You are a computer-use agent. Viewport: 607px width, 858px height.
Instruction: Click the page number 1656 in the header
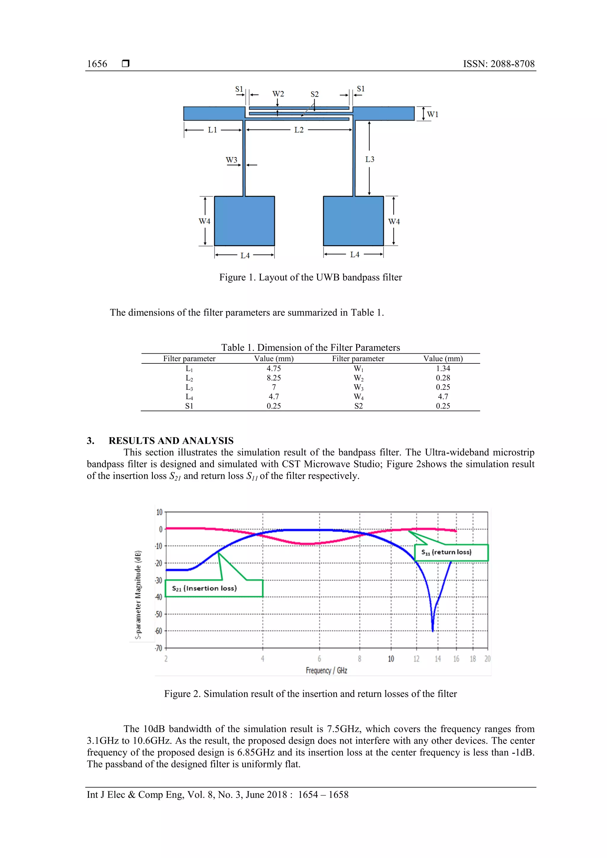point(97,64)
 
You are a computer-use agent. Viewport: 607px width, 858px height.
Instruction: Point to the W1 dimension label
point(432,114)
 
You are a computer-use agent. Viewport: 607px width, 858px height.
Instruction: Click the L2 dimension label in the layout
point(299,130)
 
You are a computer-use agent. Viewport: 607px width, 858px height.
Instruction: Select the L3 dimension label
point(370,159)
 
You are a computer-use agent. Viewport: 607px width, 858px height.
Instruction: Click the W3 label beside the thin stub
point(231,160)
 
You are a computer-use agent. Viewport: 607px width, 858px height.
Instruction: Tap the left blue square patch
point(244,221)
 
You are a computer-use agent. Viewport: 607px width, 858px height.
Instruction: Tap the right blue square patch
point(353,221)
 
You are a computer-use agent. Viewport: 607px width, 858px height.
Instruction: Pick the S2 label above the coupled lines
point(314,94)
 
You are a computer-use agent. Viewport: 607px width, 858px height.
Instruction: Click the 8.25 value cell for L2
point(274,378)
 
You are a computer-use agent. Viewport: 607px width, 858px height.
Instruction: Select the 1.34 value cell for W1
point(443,368)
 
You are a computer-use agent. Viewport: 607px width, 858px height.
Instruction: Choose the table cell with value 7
point(274,387)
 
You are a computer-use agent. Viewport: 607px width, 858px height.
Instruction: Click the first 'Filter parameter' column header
point(189,359)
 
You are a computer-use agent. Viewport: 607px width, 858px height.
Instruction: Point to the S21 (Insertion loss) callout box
point(214,588)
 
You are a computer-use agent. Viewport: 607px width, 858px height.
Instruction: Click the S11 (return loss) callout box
point(451,552)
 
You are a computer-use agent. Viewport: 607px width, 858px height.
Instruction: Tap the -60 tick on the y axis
point(159,631)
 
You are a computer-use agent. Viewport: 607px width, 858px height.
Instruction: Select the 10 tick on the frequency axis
point(391,659)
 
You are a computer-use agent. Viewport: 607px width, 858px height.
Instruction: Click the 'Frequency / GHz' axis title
point(326,671)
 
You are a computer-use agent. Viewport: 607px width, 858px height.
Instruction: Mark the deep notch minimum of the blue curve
point(433,631)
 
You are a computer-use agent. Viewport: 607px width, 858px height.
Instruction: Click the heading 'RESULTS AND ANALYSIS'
point(171,441)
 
